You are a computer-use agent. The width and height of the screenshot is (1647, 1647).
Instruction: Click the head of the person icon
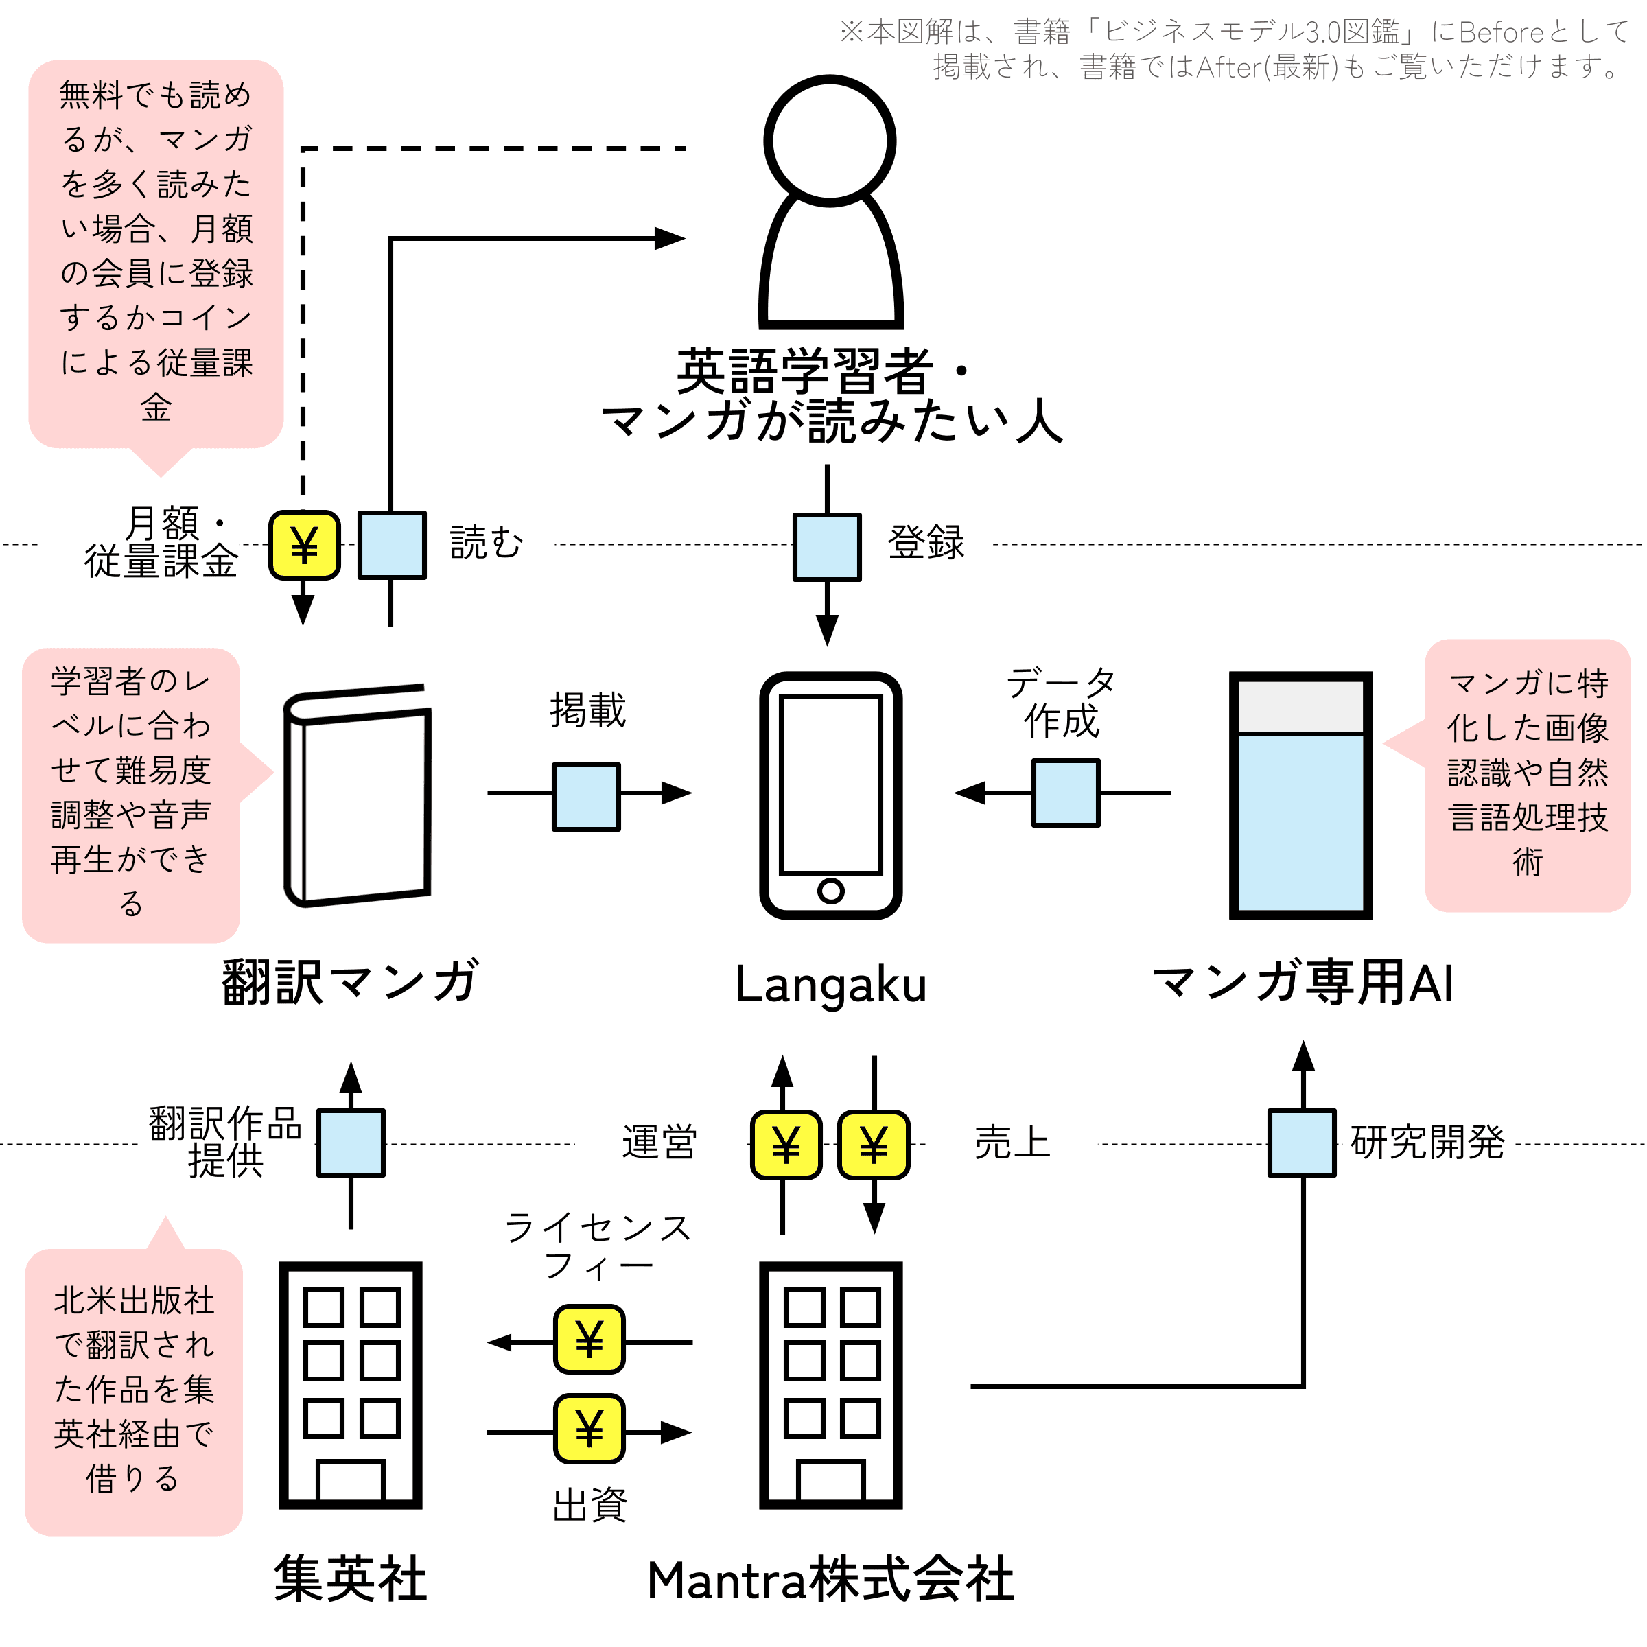pyautogui.click(x=830, y=141)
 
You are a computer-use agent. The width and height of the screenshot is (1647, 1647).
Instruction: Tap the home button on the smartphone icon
pyautogui.click(x=830, y=891)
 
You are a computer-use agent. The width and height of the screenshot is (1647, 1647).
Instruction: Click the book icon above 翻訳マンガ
pyautogui.click(x=357, y=795)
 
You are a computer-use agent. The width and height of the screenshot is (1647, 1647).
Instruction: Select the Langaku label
pyautogui.click(x=830, y=985)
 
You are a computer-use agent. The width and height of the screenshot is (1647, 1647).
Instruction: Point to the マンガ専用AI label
pyautogui.click(x=1303, y=982)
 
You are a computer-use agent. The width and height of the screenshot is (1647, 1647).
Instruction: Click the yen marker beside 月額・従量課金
pyautogui.click(x=304, y=546)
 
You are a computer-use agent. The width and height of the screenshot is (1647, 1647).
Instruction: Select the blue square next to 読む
pyautogui.click(x=391, y=546)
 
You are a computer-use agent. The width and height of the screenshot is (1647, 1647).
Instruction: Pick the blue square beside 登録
pyautogui.click(x=827, y=546)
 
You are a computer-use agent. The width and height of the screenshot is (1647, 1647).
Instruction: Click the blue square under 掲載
pyautogui.click(x=587, y=796)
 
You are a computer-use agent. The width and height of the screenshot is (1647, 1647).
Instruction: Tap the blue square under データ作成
pyautogui.click(x=1066, y=793)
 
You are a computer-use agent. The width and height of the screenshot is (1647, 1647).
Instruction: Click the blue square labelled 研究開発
pyautogui.click(x=1302, y=1143)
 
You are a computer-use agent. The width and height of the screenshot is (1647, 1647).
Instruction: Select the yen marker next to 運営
pyautogui.click(x=786, y=1145)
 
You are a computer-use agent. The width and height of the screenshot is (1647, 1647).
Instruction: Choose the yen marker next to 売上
pyautogui.click(x=874, y=1145)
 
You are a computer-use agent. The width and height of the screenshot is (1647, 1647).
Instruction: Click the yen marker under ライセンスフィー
pyautogui.click(x=589, y=1340)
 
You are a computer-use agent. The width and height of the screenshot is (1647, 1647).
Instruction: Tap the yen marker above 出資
pyautogui.click(x=589, y=1428)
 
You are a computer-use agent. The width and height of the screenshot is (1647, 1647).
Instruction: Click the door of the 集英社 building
pyautogui.click(x=351, y=1481)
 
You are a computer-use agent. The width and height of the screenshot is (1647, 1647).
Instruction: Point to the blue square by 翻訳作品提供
pyautogui.click(x=351, y=1143)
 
